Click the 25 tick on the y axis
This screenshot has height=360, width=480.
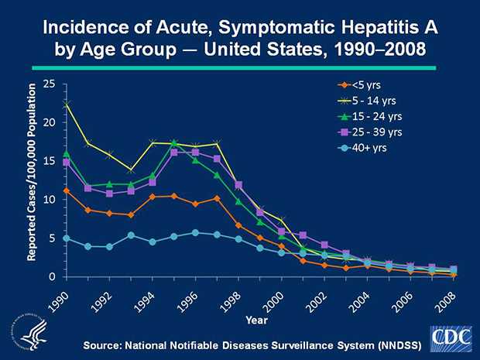(x=50, y=84)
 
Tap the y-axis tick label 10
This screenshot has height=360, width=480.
(x=50, y=200)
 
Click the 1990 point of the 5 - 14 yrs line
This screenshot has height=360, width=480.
(x=67, y=102)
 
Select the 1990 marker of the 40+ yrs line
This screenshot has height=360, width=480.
(x=67, y=238)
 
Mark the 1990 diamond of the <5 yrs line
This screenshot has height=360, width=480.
(x=67, y=190)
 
